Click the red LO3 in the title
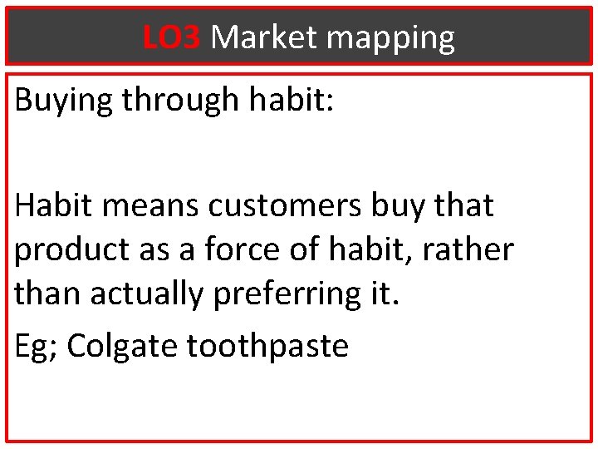(x=171, y=37)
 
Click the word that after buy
(x=465, y=205)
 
